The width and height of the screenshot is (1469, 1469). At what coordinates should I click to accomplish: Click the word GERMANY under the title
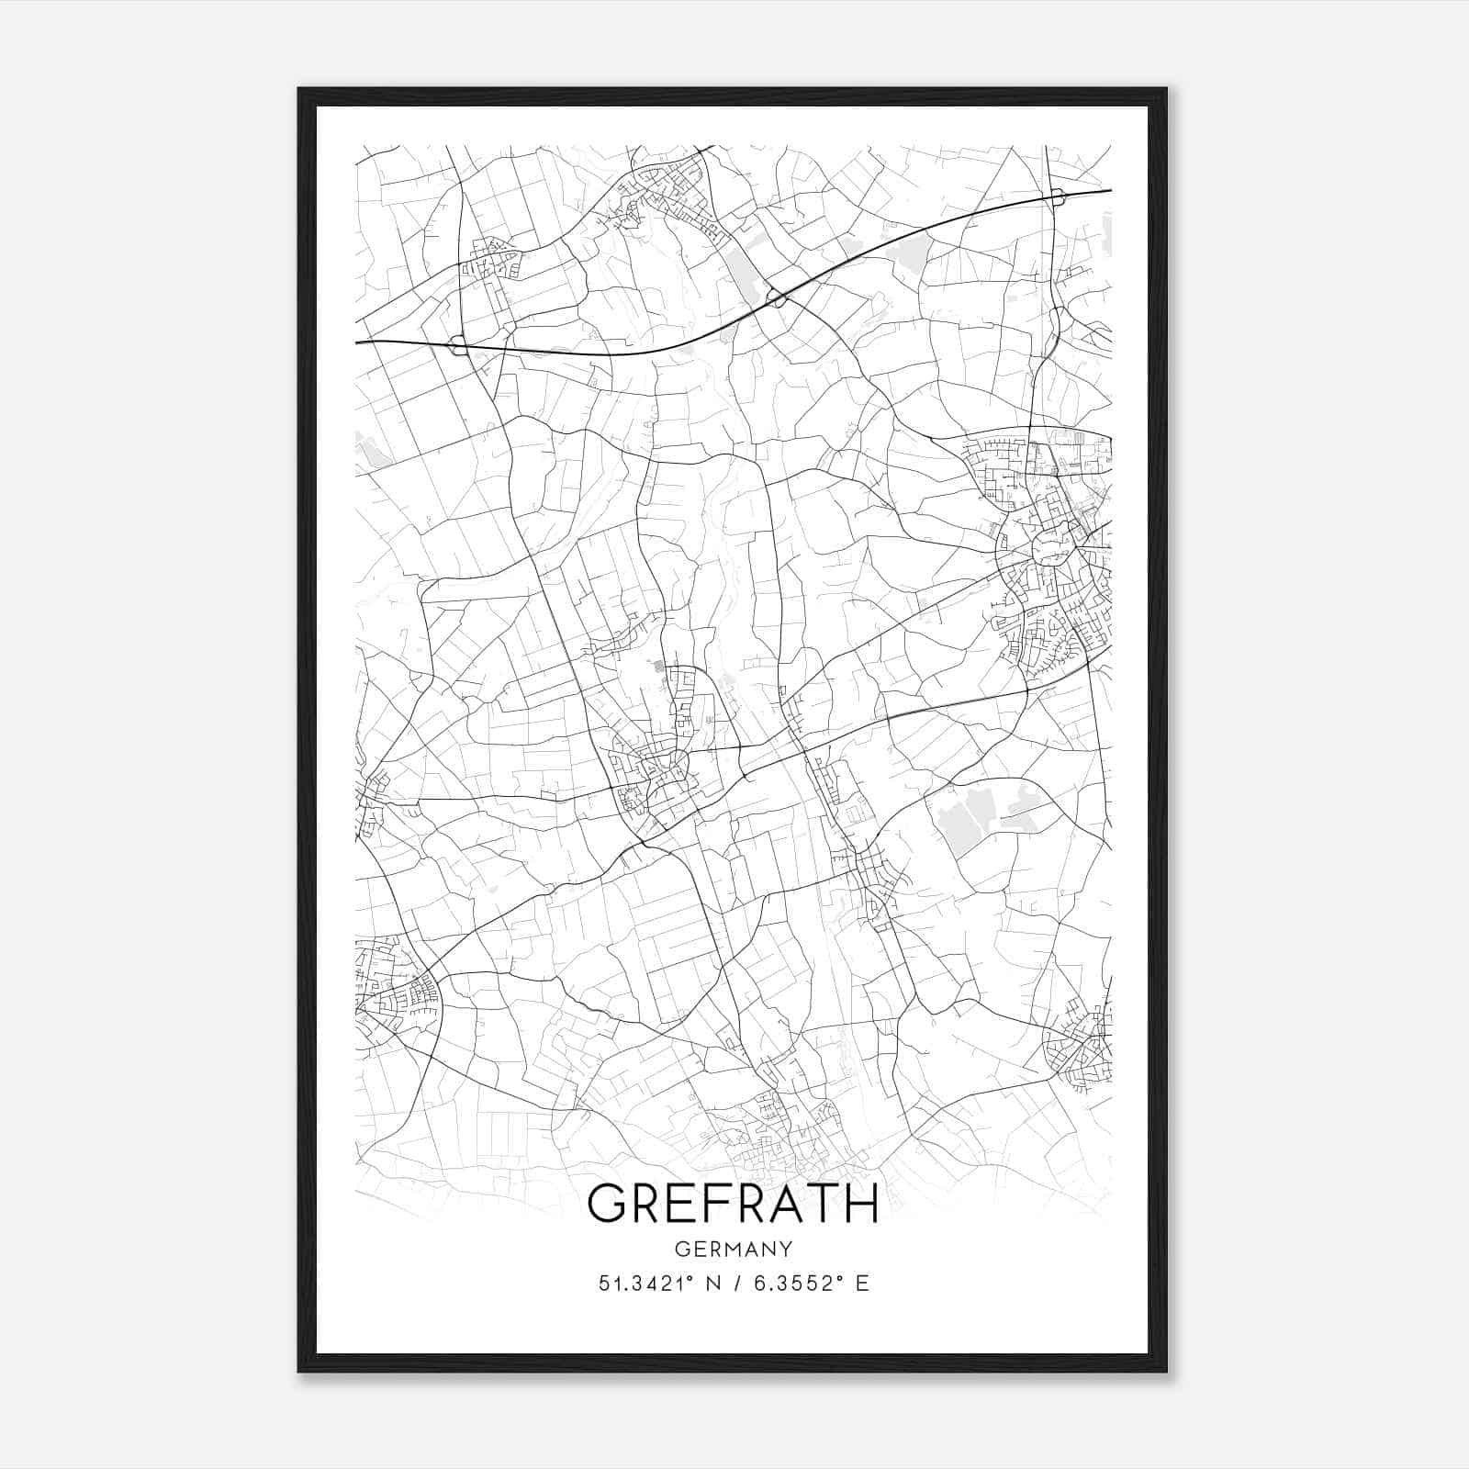click(733, 1249)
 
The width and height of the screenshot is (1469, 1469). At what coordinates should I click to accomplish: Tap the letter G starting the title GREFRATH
click(609, 1203)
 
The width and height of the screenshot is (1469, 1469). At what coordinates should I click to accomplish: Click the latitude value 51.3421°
click(640, 1284)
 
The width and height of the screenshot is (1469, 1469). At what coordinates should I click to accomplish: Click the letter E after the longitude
click(861, 1284)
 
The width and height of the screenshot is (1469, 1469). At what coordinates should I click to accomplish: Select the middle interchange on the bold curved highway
click(776, 297)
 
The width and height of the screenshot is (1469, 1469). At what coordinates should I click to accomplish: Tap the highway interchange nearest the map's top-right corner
click(1058, 196)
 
